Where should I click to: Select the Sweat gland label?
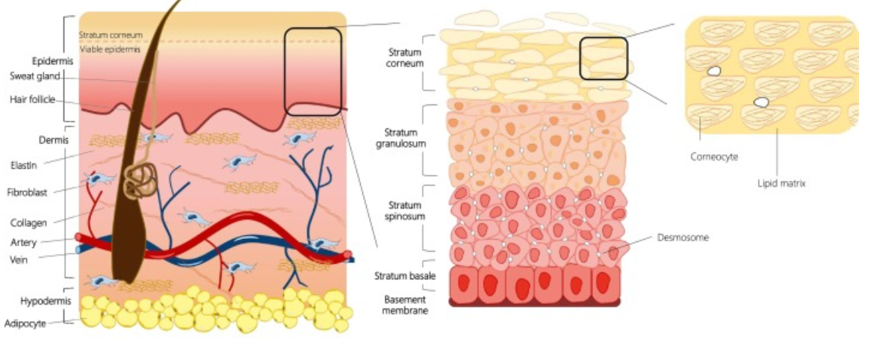pos(35,75)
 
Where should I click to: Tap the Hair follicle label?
pos(32,99)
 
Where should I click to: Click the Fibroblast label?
pos(27,192)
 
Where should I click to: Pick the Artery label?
pos(24,242)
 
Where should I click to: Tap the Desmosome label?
pos(683,238)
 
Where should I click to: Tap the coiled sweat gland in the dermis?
pos(139,182)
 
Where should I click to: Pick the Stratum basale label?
pos(401,277)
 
